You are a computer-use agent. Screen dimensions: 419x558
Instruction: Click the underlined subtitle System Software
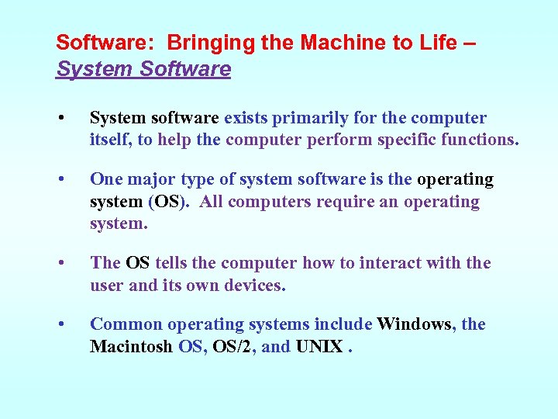pyautogui.click(x=143, y=69)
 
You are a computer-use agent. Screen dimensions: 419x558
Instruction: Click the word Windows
pyautogui.click(x=415, y=324)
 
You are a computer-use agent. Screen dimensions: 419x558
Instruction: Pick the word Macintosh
pyautogui.click(x=131, y=347)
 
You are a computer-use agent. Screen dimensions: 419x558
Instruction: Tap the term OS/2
pyautogui.click(x=232, y=347)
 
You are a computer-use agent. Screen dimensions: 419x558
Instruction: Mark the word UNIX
pyautogui.click(x=319, y=347)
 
